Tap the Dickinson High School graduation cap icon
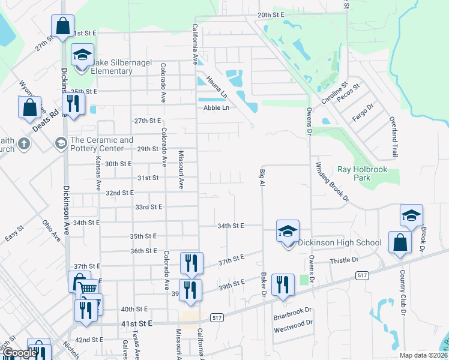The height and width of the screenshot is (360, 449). (288, 231)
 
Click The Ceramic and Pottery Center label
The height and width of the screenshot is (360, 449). (101, 144)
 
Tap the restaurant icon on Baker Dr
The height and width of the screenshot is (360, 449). (283, 285)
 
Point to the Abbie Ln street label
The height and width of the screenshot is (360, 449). (216, 107)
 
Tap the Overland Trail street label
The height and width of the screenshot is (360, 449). (394, 137)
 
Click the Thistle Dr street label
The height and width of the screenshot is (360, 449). (344, 260)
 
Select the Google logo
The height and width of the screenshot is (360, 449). (19, 353)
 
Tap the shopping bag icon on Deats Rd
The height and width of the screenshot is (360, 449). (29, 109)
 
